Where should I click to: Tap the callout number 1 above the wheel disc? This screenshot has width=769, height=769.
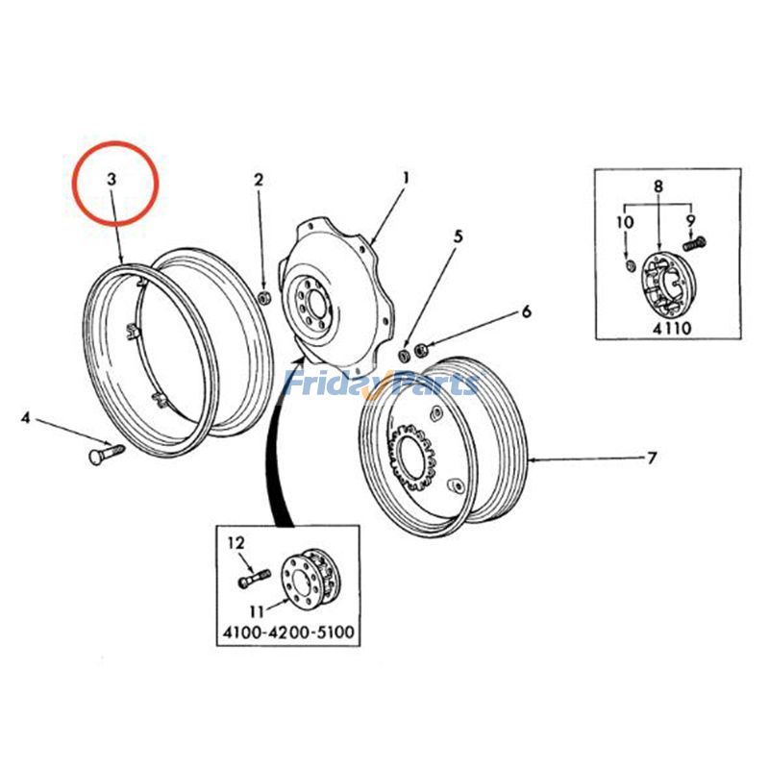tap(406, 178)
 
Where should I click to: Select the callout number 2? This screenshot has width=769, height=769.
tap(258, 180)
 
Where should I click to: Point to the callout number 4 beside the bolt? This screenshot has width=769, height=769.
tap(26, 418)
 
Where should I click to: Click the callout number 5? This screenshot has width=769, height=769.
tap(459, 236)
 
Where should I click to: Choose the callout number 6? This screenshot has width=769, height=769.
tap(526, 311)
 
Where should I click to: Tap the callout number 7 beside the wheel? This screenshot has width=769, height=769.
tap(651, 459)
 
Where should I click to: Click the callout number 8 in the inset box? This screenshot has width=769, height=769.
tap(658, 185)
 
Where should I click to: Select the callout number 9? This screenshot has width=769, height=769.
tap(689, 221)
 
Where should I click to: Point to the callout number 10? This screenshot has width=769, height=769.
tap(625, 222)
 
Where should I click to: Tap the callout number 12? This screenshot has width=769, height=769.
tap(235, 545)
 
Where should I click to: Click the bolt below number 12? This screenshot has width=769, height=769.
tap(248, 581)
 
